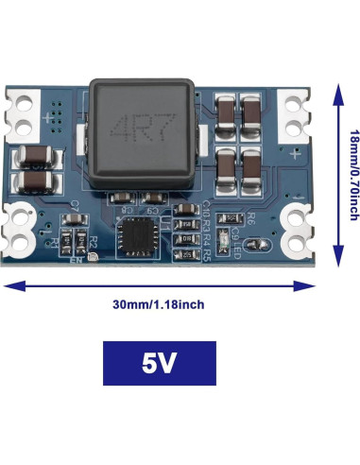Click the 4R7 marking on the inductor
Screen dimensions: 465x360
pyautogui.click(x=139, y=128)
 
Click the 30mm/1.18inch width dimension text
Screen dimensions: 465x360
pyautogui.click(x=158, y=304)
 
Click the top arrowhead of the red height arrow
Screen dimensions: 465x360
pyautogui.click(x=337, y=88)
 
